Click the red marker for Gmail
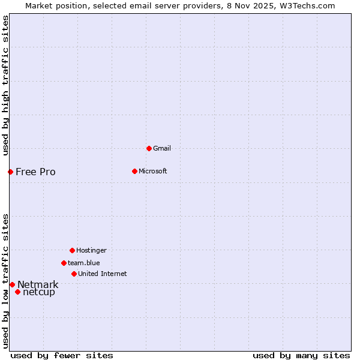coord(149,148)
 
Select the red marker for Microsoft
coord(134,171)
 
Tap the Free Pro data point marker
coord(10,172)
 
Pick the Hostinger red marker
coord(72,250)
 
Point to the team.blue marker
coord(64,263)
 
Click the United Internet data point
coord(74,274)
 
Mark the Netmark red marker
coord(12,284)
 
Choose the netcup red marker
coord(17,292)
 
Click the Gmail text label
coord(162,148)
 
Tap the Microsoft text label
coord(152,171)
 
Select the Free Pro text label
coord(35,172)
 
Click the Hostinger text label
coord(91,250)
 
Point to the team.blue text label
coord(83,263)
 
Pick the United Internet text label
coord(102,274)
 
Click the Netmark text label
coord(38,284)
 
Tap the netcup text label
coord(38,292)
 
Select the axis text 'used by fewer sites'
coord(62,355)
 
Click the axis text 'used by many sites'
coord(301,355)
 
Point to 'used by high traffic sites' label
coord(5,85)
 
